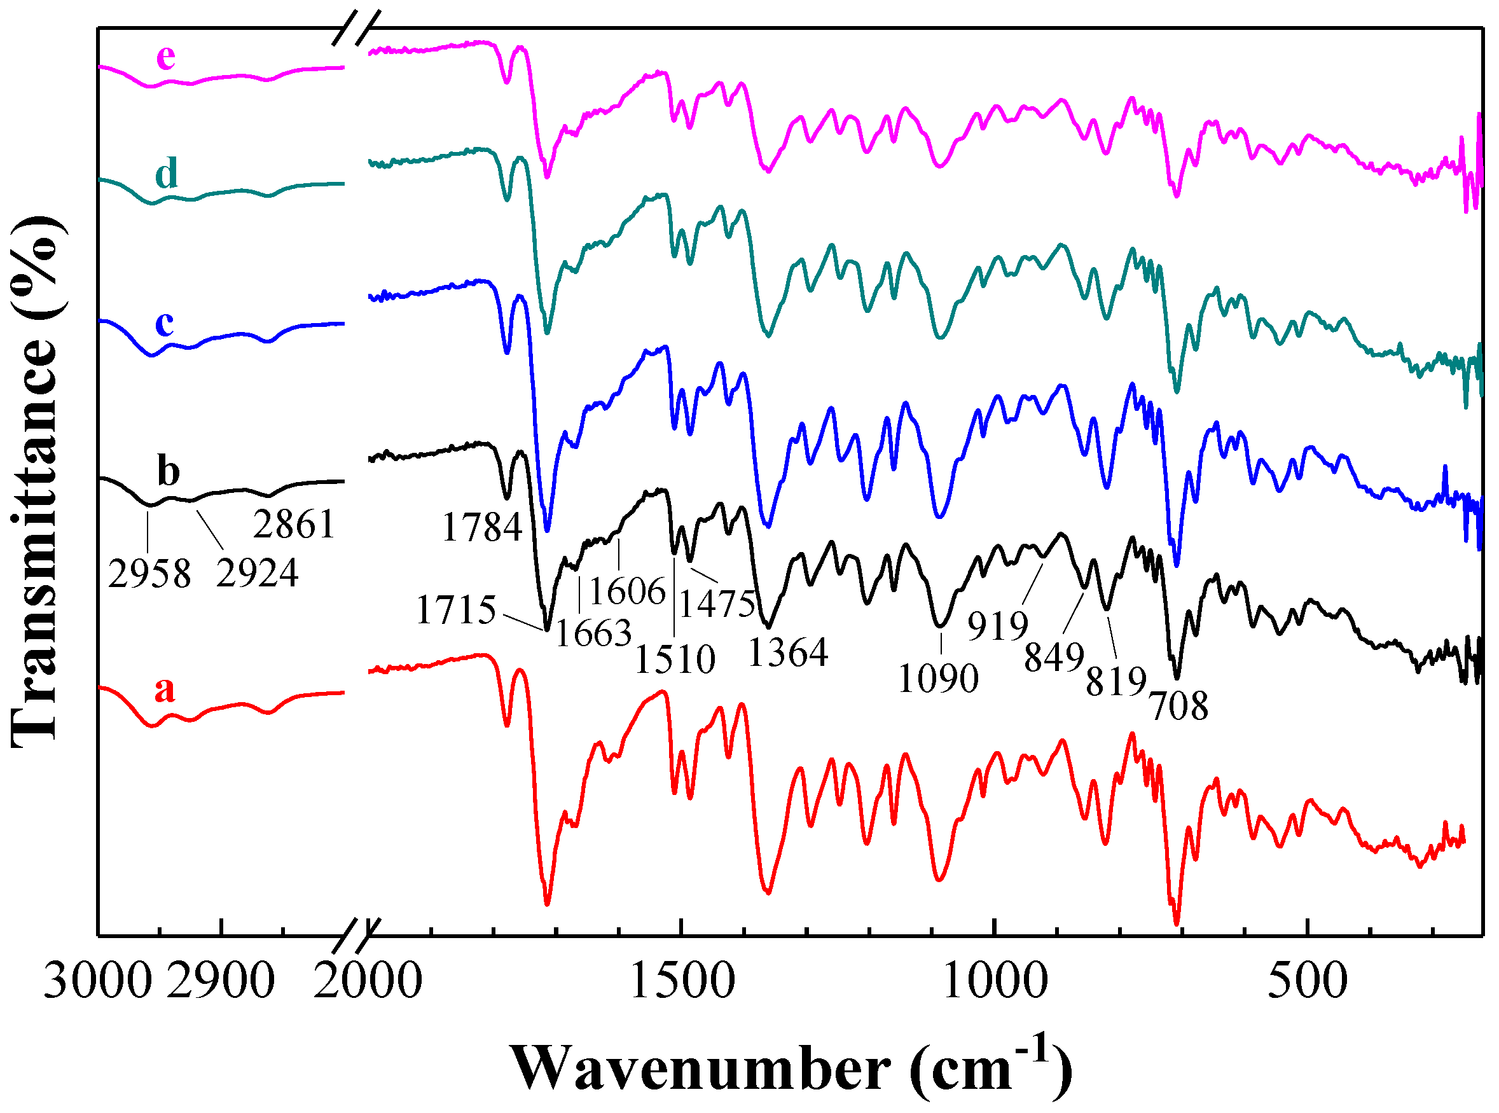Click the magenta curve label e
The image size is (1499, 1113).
pyautogui.click(x=166, y=57)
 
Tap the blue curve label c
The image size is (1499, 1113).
pyautogui.click(x=165, y=323)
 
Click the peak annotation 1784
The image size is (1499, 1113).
pyautogui.click(x=482, y=527)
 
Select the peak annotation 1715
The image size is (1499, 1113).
pyautogui.click(x=456, y=611)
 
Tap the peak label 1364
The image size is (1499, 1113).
pyautogui.click(x=787, y=652)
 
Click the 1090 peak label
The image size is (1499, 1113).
pyautogui.click(x=938, y=679)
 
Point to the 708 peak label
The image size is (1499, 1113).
pyautogui.click(x=1179, y=706)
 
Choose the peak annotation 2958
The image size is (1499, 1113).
pyautogui.click(x=149, y=574)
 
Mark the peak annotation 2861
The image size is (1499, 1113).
pyautogui.click(x=294, y=524)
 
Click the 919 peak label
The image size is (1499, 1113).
pyautogui.click(x=998, y=626)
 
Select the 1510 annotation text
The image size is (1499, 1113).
pyautogui.click(x=675, y=659)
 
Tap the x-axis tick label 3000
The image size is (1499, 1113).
pyautogui.click(x=98, y=981)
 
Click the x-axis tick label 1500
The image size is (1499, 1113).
pyautogui.click(x=682, y=981)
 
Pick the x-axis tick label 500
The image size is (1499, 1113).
pyautogui.click(x=1307, y=981)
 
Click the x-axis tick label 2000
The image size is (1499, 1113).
pyautogui.click(x=368, y=981)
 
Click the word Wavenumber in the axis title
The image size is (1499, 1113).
pyautogui.click(x=701, y=1069)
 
